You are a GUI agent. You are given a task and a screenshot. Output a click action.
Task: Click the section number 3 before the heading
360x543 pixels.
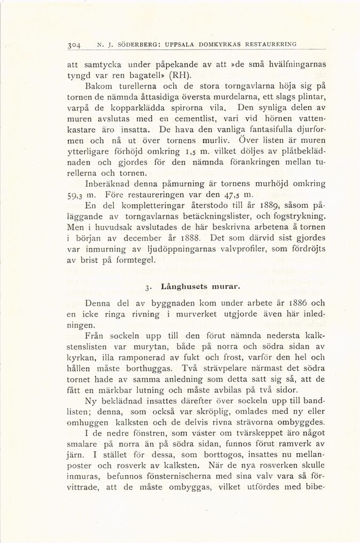click(146, 288)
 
